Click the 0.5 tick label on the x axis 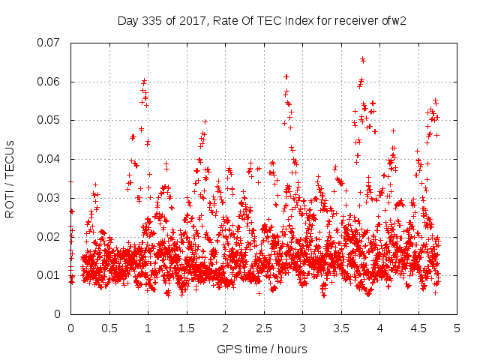tap(109, 328)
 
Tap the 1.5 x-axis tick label tap(187, 328)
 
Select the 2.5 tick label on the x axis tap(264, 328)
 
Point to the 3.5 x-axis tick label tap(341, 328)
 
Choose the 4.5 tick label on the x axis tap(418, 328)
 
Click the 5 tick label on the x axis tap(457, 328)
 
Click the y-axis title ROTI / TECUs tap(10, 178)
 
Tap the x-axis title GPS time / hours tap(262, 349)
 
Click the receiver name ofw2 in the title tap(393, 20)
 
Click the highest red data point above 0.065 tap(362, 58)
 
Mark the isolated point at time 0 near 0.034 tap(70, 181)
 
